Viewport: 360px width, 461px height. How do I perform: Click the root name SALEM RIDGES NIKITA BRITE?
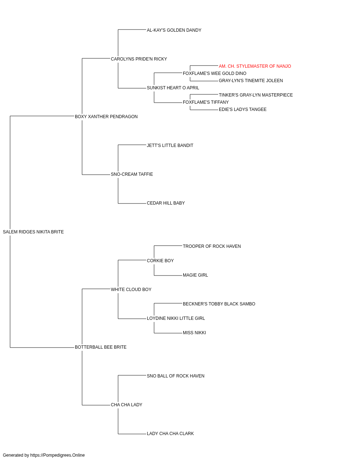[x=33, y=232]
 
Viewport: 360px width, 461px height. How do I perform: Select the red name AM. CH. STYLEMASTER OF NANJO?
[x=255, y=66]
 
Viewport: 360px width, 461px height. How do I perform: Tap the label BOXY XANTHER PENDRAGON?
[x=106, y=117]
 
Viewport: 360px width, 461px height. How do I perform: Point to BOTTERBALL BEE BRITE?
[x=101, y=347]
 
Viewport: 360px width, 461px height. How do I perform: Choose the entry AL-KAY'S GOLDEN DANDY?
[x=174, y=30]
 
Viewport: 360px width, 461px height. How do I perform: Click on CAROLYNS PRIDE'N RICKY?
[x=139, y=59]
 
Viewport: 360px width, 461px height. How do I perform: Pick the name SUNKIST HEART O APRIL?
[x=173, y=88]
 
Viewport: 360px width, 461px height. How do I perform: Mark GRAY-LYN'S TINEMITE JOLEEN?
[x=251, y=81]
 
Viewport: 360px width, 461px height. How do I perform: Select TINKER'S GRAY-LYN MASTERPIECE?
[x=256, y=95]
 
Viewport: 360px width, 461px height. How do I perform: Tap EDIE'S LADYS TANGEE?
[x=243, y=109]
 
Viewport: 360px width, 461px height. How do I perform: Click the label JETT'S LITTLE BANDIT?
[x=170, y=146]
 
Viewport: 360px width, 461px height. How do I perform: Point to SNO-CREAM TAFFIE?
[x=132, y=174]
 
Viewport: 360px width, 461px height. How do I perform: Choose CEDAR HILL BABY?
[x=166, y=203]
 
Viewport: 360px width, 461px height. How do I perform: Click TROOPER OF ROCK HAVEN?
[x=212, y=246]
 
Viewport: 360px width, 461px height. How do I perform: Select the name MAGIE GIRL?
[x=195, y=275]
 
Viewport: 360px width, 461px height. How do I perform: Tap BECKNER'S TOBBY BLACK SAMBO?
[x=219, y=304]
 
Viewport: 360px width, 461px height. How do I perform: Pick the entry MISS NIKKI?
[x=194, y=333]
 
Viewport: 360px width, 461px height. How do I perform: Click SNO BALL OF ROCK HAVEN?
[x=176, y=376]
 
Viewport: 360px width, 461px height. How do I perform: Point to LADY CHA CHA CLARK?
[x=170, y=434]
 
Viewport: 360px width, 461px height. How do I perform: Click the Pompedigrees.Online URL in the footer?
[x=58, y=455]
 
